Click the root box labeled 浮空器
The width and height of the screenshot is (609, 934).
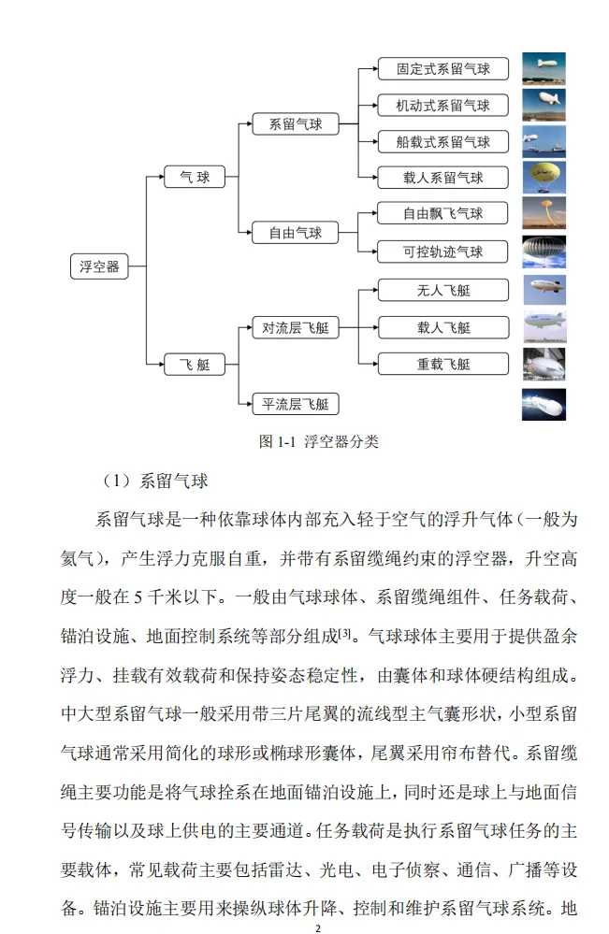click(x=100, y=266)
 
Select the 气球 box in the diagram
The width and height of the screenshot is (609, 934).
click(x=196, y=177)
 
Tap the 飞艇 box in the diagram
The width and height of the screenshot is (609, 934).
click(x=196, y=365)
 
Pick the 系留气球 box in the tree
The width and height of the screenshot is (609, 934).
click(x=296, y=123)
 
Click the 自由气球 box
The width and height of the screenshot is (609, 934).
click(x=296, y=233)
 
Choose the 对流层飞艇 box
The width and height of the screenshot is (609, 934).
click(x=296, y=327)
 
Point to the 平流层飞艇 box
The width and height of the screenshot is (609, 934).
click(x=296, y=404)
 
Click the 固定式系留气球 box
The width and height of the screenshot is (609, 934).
click(x=442, y=68)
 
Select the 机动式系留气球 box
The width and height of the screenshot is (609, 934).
click(x=442, y=105)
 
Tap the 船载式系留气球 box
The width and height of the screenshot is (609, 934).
click(x=442, y=142)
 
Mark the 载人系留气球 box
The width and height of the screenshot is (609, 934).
click(x=442, y=178)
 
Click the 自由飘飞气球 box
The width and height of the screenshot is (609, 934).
click(x=442, y=214)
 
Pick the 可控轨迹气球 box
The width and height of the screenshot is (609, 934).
click(x=442, y=251)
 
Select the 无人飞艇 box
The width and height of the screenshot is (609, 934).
click(x=442, y=290)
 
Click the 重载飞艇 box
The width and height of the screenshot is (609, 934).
click(x=442, y=364)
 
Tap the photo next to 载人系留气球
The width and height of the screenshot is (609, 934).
click(x=544, y=178)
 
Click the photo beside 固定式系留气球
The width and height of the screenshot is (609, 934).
click(x=544, y=68)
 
